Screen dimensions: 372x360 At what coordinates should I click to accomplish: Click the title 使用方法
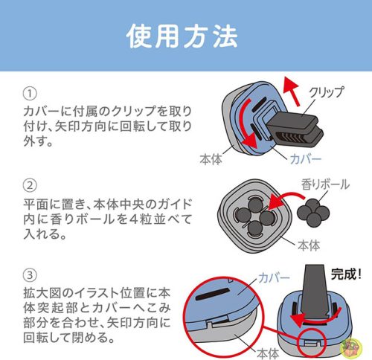pyautogui.click(x=182, y=36)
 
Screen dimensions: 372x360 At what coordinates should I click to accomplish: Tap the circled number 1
pyautogui.click(x=30, y=94)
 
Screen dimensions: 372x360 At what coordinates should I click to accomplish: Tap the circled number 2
pyautogui.click(x=30, y=185)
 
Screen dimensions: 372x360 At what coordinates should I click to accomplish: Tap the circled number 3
pyautogui.click(x=30, y=275)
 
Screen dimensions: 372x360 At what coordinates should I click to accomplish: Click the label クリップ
pyautogui.click(x=327, y=92)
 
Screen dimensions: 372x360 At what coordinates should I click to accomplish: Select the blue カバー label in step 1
pyautogui.click(x=306, y=158)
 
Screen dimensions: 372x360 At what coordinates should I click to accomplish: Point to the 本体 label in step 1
pyautogui.click(x=211, y=159)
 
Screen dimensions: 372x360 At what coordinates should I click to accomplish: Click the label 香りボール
pyautogui.click(x=325, y=184)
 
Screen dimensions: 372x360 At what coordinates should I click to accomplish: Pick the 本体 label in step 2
pyautogui.click(x=309, y=245)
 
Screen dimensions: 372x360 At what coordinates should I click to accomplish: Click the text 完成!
pyautogui.click(x=346, y=274)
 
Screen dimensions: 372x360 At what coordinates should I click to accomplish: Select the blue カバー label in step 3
pyautogui.click(x=274, y=278)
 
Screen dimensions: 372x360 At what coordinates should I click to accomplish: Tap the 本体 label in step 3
pyautogui.click(x=268, y=353)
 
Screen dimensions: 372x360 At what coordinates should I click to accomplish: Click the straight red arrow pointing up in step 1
pyautogui.click(x=292, y=91)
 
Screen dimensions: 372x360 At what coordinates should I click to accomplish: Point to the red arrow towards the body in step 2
pyautogui.click(x=285, y=199)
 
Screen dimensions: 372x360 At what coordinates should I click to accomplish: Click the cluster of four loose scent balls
pyautogui.click(x=313, y=213)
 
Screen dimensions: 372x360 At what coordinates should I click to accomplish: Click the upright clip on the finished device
pyautogui.click(x=315, y=292)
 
